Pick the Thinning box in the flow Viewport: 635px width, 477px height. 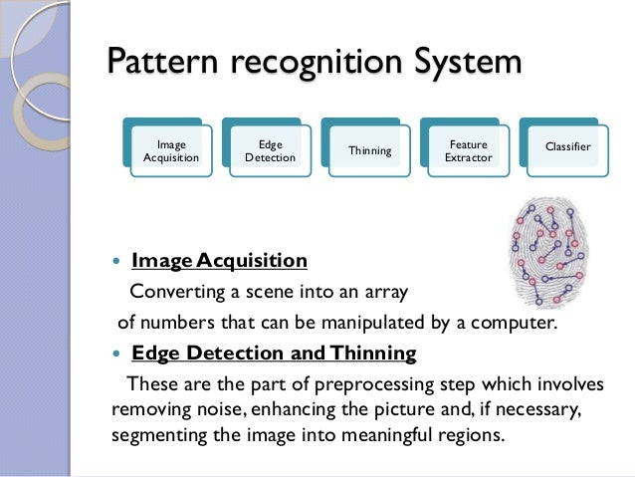point(369,151)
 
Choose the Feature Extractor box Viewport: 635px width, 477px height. point(468,151)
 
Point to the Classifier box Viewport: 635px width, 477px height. point(567,147)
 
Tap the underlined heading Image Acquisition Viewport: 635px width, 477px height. point(219,261)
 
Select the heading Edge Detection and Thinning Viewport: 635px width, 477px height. point(274,354)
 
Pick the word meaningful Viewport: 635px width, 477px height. point(390,436)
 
